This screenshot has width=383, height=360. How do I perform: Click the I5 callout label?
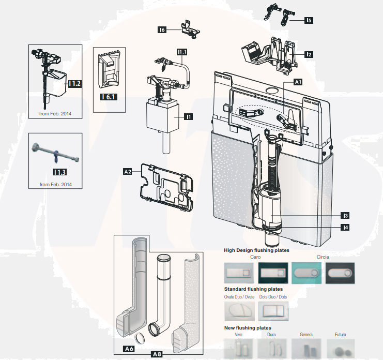[309, 21]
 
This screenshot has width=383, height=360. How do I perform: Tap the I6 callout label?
[162, 31]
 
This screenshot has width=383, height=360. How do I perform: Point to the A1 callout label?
[298, 82]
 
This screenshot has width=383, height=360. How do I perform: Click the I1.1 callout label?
[182, 52]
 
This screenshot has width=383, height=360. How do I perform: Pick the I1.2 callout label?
[75, 83]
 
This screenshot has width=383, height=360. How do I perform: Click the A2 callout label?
[127, 171]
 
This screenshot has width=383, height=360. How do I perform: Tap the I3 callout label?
[345, 215]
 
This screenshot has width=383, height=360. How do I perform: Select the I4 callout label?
[345, 227]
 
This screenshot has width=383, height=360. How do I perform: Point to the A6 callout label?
[130, 349]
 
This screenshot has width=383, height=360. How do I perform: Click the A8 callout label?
[157, 354]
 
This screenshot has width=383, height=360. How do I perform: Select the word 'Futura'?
[341, 335]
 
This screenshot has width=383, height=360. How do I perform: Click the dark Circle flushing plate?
[340, 272]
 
